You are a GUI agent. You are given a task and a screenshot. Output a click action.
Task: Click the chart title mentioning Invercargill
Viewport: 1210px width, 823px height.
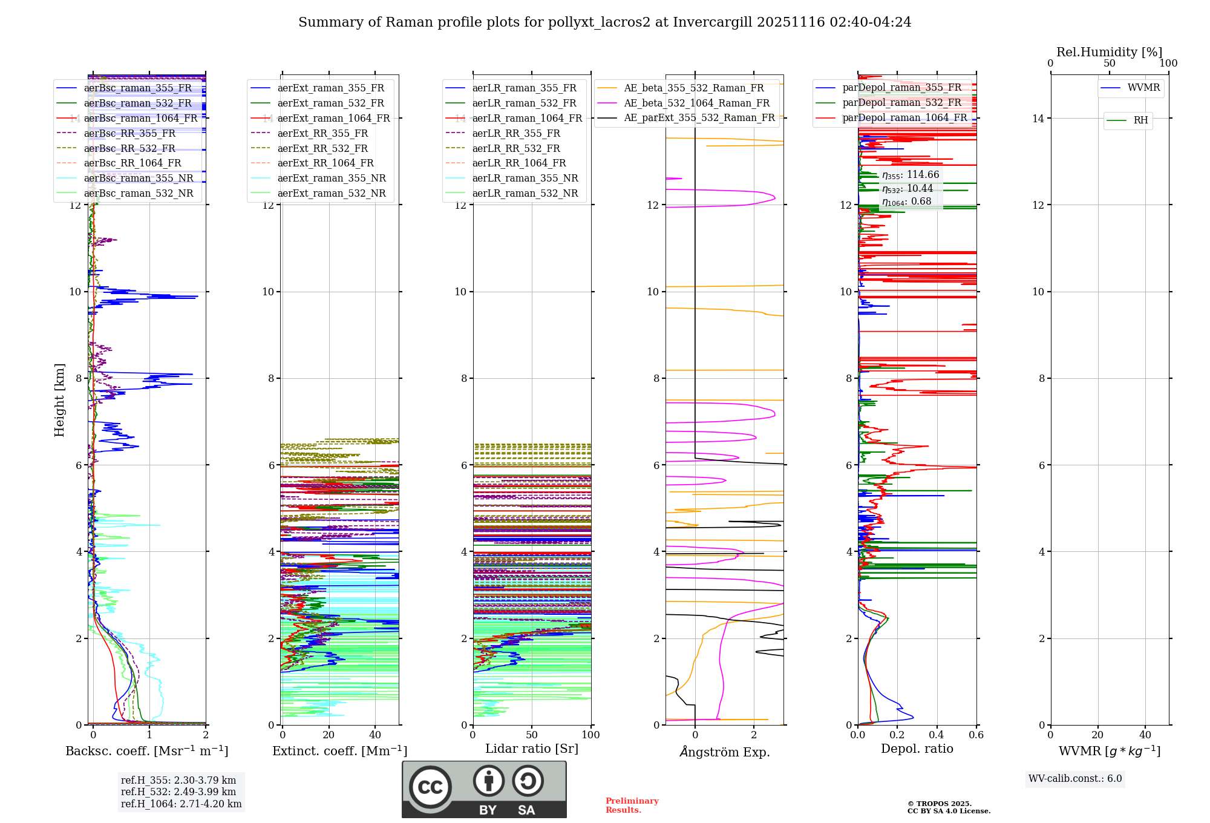pyautogui.click(x=604, y=22)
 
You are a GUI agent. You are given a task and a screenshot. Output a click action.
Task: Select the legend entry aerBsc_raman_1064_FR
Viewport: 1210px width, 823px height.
pyautogui.click(x=140, y=118)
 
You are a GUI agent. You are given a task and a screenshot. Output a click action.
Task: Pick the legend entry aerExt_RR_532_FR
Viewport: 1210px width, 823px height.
pyautogui.click(x=322, y=148)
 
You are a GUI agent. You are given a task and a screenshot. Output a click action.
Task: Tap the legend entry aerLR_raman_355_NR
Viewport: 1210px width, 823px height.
pyautogui.click(x=525, y=178)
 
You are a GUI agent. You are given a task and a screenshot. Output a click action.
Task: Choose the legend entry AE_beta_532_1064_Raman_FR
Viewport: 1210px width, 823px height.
pyautogui.click(x=696, y=103)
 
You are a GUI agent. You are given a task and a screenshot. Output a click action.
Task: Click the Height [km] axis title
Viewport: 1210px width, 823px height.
pyautogui.click(x=59, y=399)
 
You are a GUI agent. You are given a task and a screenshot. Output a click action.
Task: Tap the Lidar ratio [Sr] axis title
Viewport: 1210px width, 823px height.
pyautogui.click(x=532, y=749)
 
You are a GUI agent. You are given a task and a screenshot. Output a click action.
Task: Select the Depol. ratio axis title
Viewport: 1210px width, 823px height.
pyautogui.click(x=917, y=749)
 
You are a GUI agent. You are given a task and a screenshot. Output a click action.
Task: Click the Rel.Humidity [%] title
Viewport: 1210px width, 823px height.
pyautogui.click(x=1109, y=52)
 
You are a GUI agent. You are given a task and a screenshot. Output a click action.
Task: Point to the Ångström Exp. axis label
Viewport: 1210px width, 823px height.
pyautogui.click(x=724, y=752)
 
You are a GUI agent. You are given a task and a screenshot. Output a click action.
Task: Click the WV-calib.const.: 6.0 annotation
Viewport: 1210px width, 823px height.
pyautogui.click(x=1075, y=779)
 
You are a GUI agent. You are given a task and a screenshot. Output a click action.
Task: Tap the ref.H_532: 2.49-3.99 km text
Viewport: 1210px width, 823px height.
pyautogui.click(x=178, y=792)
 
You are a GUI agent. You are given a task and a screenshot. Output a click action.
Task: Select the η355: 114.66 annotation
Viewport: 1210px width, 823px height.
pyautogui.click(x=911, y=175)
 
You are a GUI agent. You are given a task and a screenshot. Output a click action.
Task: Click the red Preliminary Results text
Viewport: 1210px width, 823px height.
pyautogui.click(x=632, y=805)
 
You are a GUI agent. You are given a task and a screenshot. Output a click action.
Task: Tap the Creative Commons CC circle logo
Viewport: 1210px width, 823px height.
pyautogui.click(x=430, y=787)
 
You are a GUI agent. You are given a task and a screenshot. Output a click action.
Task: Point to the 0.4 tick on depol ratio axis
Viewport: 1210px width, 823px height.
pyautogui.click(x=937, y=735)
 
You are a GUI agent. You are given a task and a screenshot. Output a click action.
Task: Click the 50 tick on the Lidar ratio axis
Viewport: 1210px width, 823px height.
pyautogui.click(x=532, y=735)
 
